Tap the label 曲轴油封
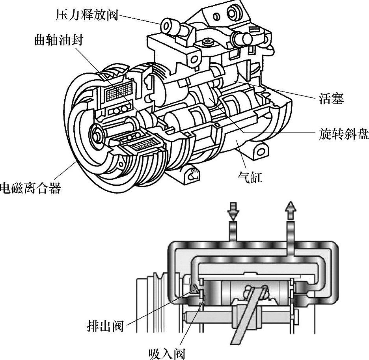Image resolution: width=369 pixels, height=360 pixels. pos(59,41)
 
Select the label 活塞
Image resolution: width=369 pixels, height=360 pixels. pos(331,99)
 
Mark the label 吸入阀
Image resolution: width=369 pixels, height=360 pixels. pos(167,352)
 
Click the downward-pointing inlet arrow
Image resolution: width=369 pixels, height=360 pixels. pos(233,211)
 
